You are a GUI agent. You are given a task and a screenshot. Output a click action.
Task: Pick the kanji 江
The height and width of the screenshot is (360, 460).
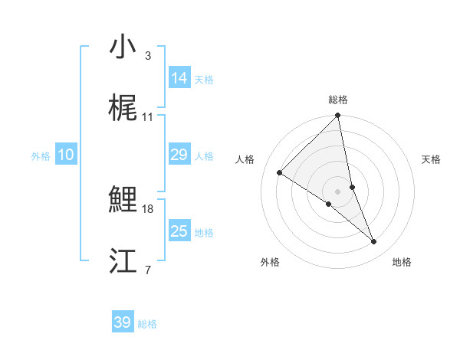123,262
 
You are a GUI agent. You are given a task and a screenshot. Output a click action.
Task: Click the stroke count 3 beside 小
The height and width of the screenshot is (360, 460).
148,56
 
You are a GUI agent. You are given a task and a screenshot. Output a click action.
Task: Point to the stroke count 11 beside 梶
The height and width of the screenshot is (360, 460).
148,117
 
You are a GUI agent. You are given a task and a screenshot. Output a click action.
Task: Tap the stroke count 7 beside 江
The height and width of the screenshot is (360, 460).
148,270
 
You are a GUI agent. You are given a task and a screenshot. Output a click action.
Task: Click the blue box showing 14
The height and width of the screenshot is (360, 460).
179,78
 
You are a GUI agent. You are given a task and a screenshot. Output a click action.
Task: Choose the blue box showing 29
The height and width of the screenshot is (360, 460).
179,155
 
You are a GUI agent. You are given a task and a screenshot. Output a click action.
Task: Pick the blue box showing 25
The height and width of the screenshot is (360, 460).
179,231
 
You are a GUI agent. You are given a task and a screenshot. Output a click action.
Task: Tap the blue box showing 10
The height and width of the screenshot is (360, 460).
66,155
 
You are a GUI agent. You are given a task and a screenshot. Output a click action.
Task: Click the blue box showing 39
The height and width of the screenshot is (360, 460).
123,322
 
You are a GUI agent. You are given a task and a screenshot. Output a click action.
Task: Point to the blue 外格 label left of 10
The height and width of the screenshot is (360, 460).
41,156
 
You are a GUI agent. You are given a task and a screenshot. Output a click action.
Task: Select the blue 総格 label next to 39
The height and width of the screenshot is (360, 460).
147,324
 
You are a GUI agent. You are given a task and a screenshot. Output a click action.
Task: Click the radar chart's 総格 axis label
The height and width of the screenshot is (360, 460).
337,100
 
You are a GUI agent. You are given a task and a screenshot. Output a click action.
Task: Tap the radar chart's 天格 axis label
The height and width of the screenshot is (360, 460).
432,159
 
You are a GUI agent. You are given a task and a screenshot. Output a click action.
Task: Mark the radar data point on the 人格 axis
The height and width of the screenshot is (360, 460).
280,172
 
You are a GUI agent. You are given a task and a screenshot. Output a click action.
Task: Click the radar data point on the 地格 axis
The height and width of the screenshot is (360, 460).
374,242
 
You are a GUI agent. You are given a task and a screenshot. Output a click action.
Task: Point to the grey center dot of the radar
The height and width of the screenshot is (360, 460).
337,191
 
